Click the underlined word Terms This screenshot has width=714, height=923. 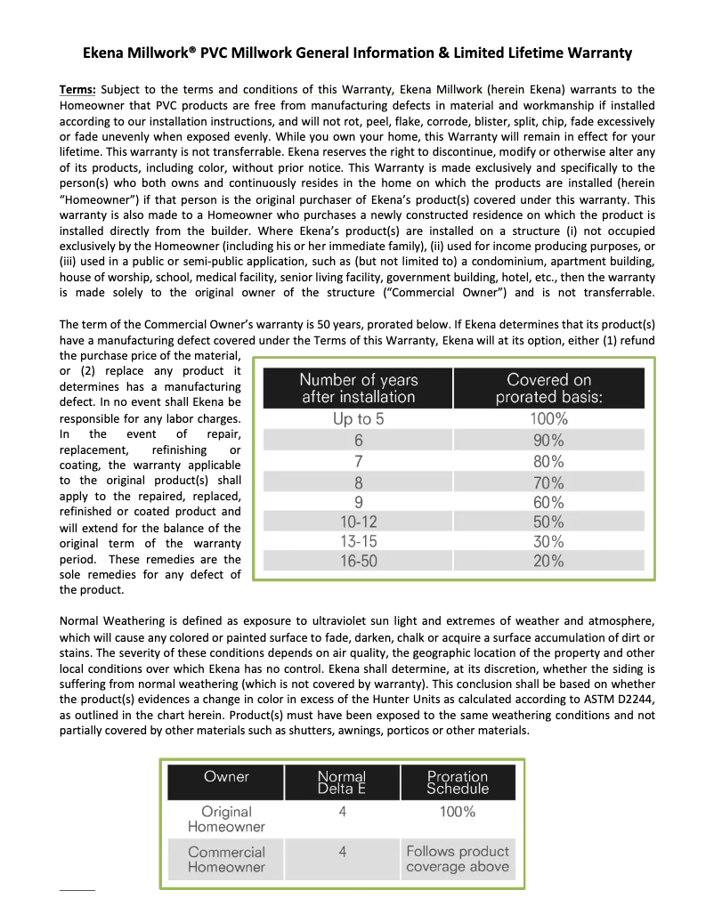pos(77,90)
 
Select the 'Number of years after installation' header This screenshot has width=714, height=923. pos(358,389)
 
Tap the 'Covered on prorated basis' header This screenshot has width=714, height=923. pos(548,389)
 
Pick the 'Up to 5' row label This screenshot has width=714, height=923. pos(358,419)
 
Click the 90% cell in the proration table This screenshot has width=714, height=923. pos(548,441)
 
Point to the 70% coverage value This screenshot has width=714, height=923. pos(548,483)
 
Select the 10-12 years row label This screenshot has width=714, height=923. pos(358,522)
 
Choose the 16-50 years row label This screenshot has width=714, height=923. pos(358,561)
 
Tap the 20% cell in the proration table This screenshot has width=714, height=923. pos(548,561)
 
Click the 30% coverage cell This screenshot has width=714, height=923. pos(548,541)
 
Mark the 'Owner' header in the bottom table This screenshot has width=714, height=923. pos(226,777)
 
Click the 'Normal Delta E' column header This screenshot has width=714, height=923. pos(342,782)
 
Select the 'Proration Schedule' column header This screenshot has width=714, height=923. pos(458,782)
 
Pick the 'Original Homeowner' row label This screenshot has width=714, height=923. pos(226,819)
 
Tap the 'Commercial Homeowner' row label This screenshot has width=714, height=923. pos(226,860)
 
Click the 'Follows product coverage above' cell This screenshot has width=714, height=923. pos(458,859)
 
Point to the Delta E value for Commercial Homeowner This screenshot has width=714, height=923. pos(342,852)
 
